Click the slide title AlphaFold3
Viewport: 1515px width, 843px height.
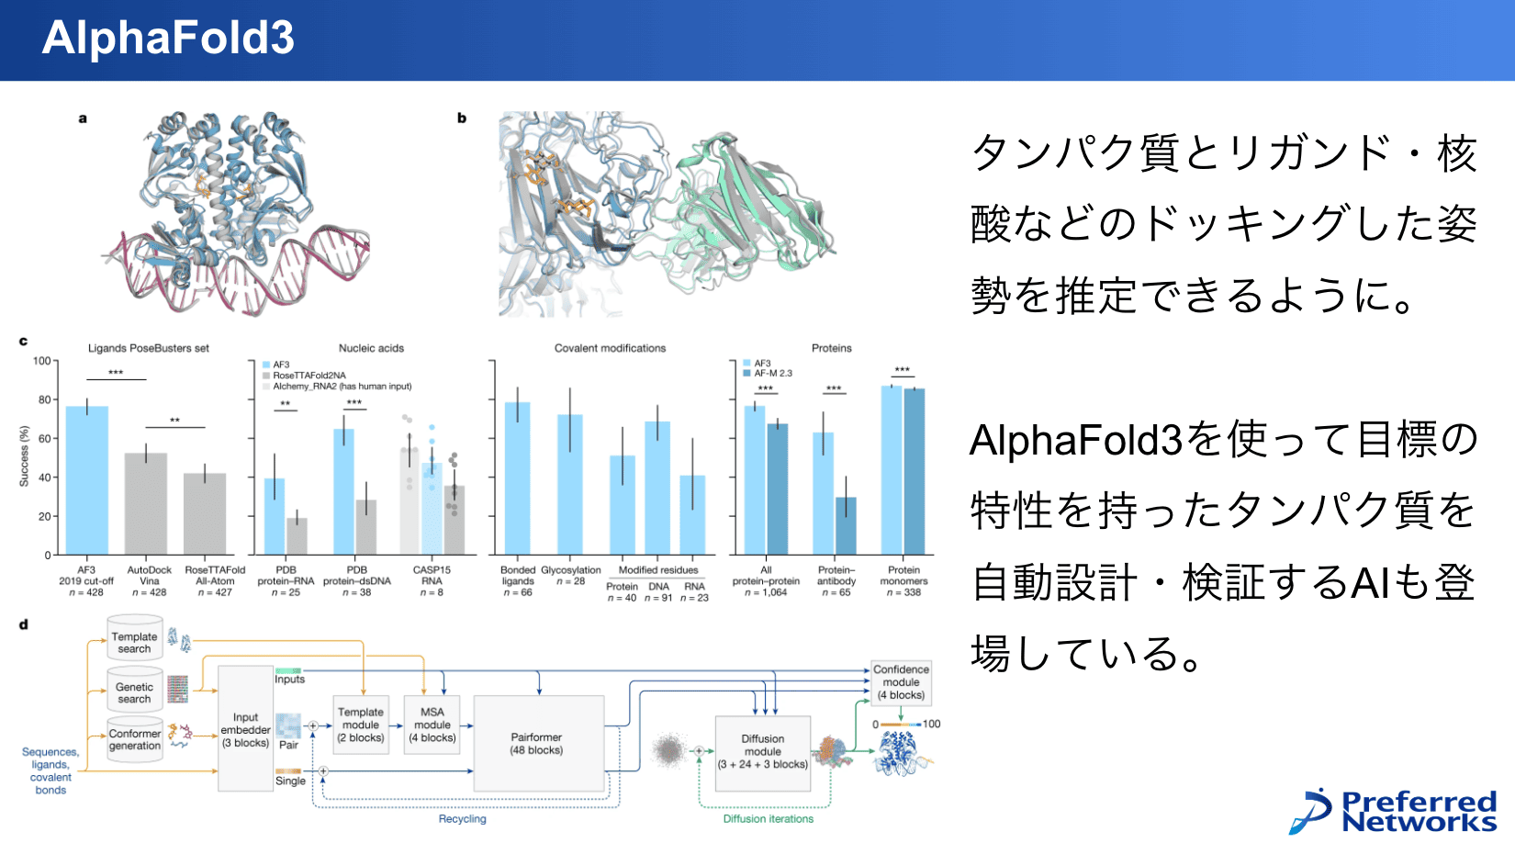point(168,38)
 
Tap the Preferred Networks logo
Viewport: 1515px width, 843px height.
point(1392,811)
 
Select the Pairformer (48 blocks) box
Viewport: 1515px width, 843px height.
point(538,743)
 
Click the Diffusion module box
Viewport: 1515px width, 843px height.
point(762,753)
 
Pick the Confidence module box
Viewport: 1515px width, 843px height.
point(901,682)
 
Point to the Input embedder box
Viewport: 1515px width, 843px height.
point(245,728)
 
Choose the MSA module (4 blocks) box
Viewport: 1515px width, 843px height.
point(432,725)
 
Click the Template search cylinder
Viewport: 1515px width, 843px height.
point(135,637)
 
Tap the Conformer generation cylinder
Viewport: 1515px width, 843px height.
point(135,739)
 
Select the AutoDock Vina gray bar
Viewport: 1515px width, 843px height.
point(146,504)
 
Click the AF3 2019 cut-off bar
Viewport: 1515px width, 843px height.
point(86,480)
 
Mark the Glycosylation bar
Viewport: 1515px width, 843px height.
point(570,485)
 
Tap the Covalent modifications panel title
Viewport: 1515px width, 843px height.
point(610,348)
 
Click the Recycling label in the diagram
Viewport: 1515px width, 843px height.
point(463,819)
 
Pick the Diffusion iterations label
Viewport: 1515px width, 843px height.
point(769,819)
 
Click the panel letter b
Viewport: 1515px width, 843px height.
point(462,118)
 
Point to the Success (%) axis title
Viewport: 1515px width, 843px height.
point(25,456)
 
